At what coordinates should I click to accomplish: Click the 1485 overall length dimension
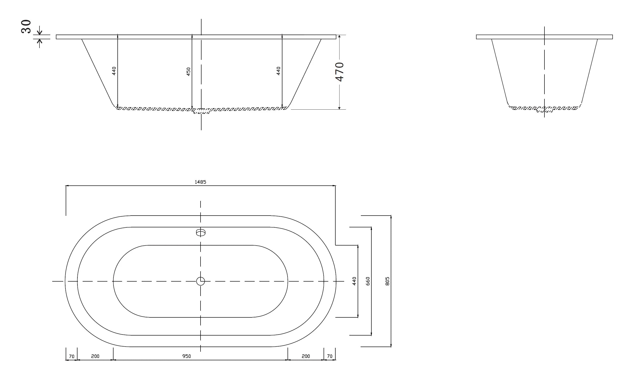tap(200, 182)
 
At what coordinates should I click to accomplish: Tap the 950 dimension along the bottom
tap(187, 356)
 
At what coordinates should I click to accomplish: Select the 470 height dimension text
tap(340, 72)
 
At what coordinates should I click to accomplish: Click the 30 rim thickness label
tap(26, 26)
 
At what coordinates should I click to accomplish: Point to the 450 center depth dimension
tap(188, 71)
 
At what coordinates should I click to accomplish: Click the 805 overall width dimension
tap(387, 281)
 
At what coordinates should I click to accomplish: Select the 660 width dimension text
tap(368, 281)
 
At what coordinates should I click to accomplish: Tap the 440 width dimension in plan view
tap(354, 281)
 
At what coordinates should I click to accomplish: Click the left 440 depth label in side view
tap(114, 71)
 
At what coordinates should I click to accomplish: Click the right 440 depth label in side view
tap(278, 71)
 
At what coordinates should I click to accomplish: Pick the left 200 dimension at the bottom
tap(95, 356)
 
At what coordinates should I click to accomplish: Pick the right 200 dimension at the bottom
tap(306, 356)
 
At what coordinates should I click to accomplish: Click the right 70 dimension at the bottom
tap(330, 356)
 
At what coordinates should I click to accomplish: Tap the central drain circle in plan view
tap(201, 281)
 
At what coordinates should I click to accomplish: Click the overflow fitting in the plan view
tap(201, 232)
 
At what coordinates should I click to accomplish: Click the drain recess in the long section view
tap(201, 111)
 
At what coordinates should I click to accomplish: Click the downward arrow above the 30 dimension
tap(39, 31)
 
